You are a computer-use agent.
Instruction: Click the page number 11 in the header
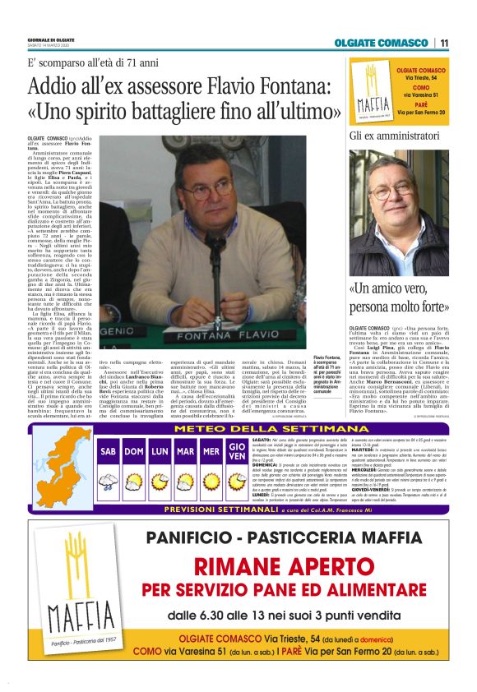pos(444,43)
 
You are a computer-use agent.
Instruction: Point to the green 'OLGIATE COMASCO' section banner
pos(381,43)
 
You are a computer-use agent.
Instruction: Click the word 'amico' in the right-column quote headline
pos(406,289)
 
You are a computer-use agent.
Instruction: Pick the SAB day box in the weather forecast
pos(109,452)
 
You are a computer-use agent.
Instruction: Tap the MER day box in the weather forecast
pos(211,452)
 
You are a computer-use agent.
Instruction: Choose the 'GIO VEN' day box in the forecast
pos(237,452)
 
